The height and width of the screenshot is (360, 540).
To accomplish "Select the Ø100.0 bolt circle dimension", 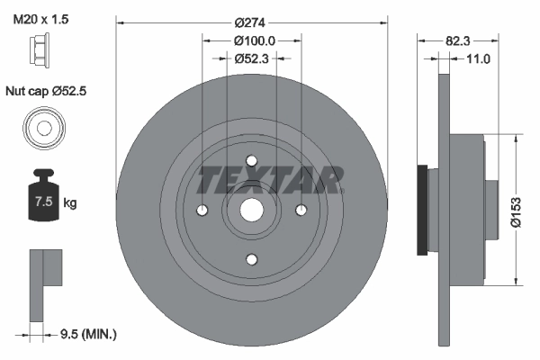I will point(253,40).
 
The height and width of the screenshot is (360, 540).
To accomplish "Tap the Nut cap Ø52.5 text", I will point(49,92).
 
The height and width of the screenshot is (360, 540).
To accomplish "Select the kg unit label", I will point(70,203).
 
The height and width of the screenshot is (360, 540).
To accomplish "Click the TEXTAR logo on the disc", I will point(269,180).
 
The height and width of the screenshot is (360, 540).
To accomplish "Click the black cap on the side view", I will point(421,210).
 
